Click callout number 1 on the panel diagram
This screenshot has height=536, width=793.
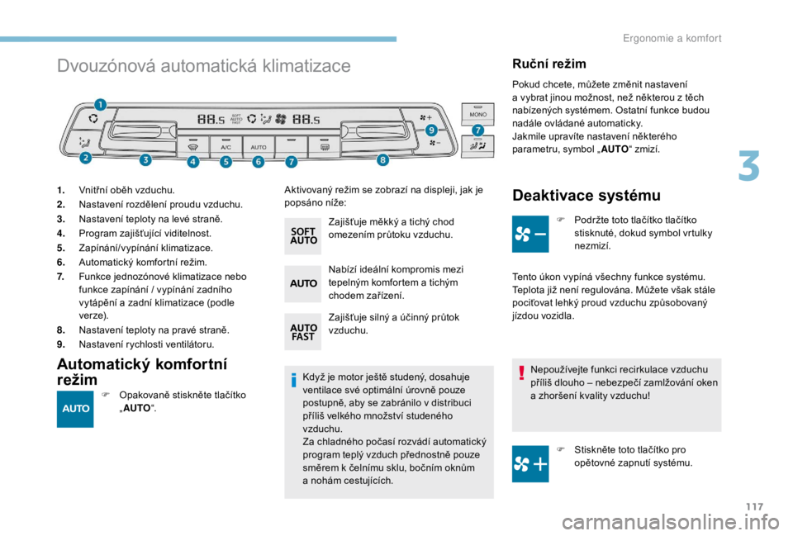(100, 105)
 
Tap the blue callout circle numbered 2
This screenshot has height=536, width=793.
(85, 158)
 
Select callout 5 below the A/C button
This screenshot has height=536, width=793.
(226, 162)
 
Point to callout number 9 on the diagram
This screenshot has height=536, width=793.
(431, 130)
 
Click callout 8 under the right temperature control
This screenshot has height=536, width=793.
(382, 159)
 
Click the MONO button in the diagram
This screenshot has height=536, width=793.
(478, 113)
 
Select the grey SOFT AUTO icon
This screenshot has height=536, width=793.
(303, 236)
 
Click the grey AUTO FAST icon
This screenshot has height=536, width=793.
(303, 332)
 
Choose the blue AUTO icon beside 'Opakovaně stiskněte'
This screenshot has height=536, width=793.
(75, 409)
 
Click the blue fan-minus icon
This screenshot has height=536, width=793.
(530, 234)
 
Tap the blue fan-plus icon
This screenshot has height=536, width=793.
(530, 463)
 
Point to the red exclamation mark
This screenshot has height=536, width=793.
(521, 372)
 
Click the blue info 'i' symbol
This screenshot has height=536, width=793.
(293, 380)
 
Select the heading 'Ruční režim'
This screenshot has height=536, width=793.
(549, 64)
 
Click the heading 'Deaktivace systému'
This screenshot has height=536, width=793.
(586, 195)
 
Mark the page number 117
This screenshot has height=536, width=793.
(754, 506)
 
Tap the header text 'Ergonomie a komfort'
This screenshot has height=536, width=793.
(672, 39)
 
